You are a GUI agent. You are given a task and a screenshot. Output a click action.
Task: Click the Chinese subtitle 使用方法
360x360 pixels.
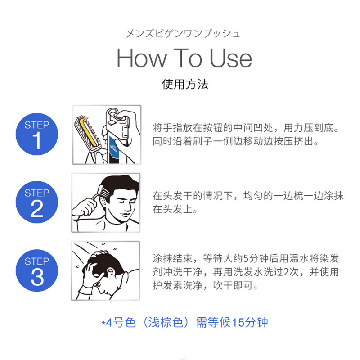[x=185, y=84]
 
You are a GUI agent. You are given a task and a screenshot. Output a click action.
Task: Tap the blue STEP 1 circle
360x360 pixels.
[x=37, y=134]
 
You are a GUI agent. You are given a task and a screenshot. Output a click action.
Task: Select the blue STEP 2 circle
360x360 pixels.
[x=37, y=202]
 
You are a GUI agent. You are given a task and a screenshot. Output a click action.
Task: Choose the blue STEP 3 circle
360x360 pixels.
[x=37, y=271]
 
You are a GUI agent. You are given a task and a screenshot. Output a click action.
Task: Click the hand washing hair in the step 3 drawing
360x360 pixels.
[x=97, y=270]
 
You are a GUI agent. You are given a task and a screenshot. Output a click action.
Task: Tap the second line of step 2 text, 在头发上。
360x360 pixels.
[x=175, y=209]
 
